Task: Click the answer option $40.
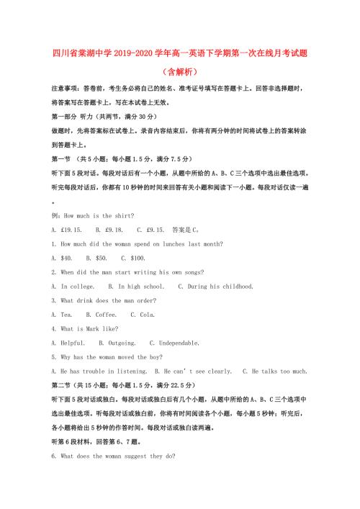click(x=66, y=258)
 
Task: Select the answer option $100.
click(x=136, y=258)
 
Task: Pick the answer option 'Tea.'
click(x=66, y=315)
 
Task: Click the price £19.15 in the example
click(x=71, y=230)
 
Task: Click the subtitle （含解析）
click(x=179, y=72)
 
